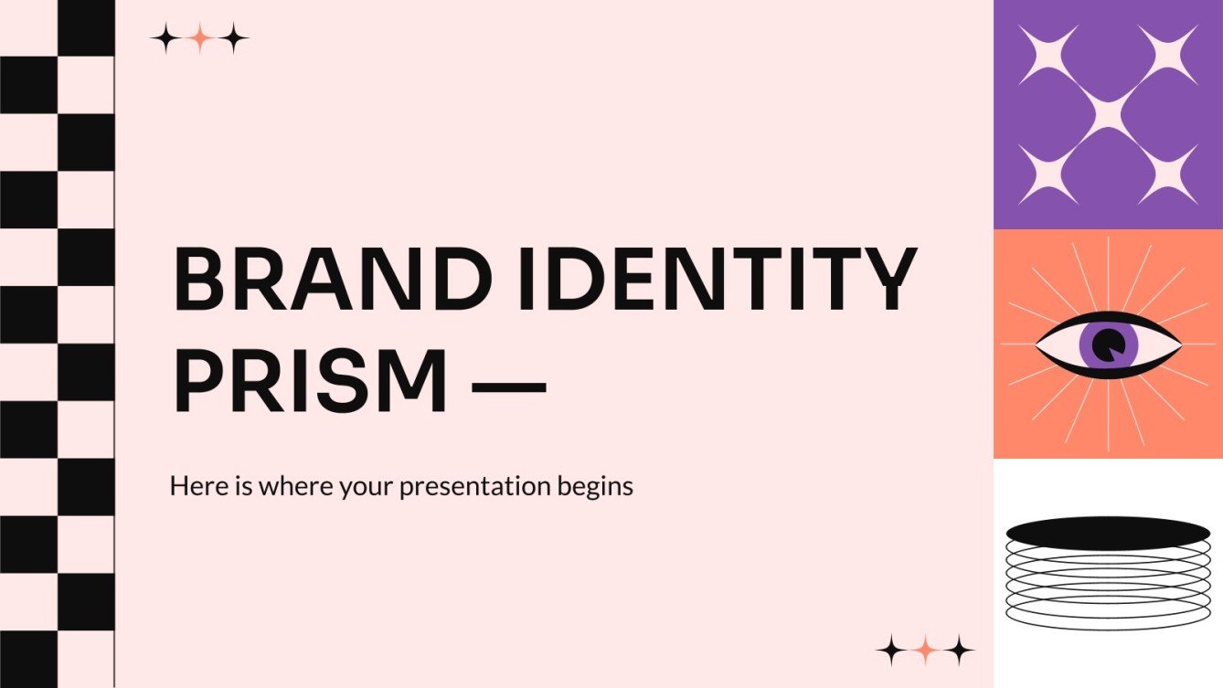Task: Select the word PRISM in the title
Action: (x=311, y=381)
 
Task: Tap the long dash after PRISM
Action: (x=507, y=391)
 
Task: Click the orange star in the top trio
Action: (x=200, y=38)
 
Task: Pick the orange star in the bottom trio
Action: (x=925, y=650)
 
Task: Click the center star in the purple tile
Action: (x=1108, y=113)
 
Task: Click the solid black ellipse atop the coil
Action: (x=1108, y=533)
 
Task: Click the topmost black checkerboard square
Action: (x=86, y=27)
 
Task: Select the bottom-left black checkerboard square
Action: (x=28, y=659)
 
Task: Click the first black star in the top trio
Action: (x=165, y=38)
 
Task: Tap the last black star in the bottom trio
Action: (x=959, y=650)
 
